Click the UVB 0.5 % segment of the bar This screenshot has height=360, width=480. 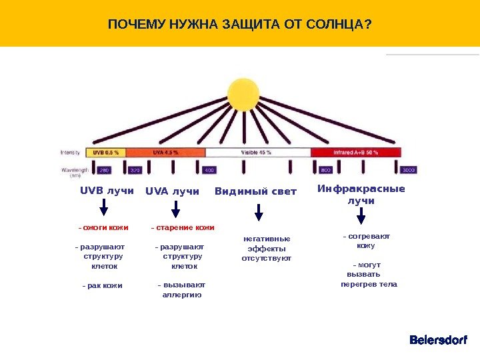point(107,152)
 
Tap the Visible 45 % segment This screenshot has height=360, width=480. point(257,152)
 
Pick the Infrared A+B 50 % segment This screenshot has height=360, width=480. point(356,152)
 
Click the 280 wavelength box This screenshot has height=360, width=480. point(104,170)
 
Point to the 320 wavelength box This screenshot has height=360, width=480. point(135,170)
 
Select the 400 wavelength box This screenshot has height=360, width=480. point(209,170)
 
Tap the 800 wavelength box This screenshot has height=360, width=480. point(327,170)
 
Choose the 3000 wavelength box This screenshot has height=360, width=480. point(408,170)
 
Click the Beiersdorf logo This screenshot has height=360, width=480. point(438,341)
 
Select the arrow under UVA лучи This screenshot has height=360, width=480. point(175,209)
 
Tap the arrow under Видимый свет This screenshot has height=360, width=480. point(259,212)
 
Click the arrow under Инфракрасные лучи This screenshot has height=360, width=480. point(361,215)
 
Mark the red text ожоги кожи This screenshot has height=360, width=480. point(103,228)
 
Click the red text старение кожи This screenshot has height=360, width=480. point(183,228)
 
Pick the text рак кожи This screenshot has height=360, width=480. point(103,286)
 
